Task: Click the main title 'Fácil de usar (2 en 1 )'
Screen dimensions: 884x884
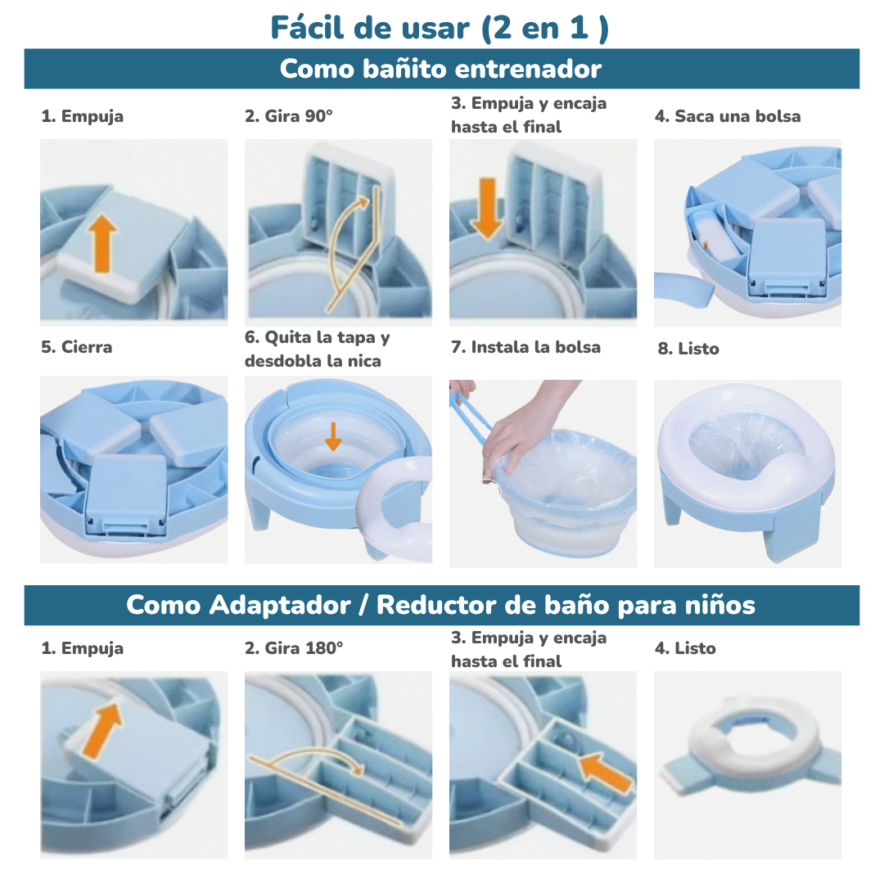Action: click(x=440, y=27)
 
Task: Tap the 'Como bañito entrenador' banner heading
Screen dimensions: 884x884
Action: click(x=440, y=69)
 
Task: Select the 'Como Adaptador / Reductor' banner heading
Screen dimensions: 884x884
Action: click(x=440, y=605)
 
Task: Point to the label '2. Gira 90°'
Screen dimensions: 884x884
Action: click(x=289, y=116)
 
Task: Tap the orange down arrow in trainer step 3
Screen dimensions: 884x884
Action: click(x=487, y=208)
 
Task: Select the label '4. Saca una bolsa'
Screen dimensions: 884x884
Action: click(x=727, y=116)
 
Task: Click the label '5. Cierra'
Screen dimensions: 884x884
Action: click(x=77, y=347)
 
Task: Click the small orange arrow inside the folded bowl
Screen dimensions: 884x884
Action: click(x=332, y=435)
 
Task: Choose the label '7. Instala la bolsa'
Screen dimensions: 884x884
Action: click(x=525, y=347)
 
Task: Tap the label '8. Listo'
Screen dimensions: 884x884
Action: click(x=688, y=349)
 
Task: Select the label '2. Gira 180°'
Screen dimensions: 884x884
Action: click(x=294, y=648)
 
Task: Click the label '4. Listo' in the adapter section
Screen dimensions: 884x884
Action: click(x=685, y=648)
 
